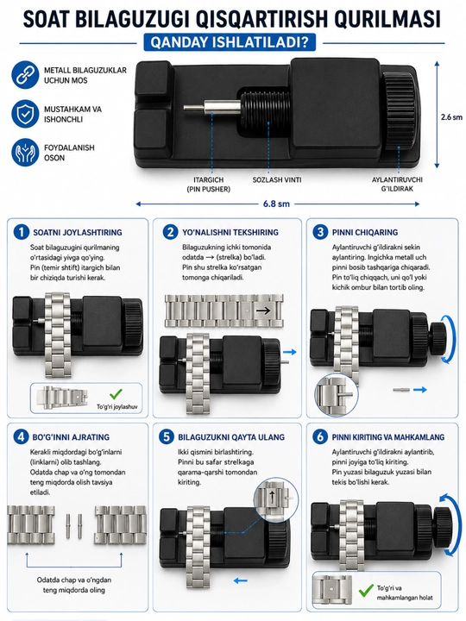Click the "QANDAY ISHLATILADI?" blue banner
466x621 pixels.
[230, 42]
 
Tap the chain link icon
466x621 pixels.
[25, 74]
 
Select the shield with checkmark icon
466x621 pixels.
[25, 114]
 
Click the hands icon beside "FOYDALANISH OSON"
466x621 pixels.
[25, 152]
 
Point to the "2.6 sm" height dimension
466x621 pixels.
[451, 117]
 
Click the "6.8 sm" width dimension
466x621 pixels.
[276, 204]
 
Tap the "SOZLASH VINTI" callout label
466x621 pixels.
[277, 179]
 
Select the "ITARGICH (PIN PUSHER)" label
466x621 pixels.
[209, 185]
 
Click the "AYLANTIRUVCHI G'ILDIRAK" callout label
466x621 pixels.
[397, 185]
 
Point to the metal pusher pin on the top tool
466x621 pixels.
[212, 107]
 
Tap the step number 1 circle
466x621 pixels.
[21, 232]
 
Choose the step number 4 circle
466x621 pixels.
[21, 436]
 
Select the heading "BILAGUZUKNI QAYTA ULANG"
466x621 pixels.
[231, 437]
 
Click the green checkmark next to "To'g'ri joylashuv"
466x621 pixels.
[116, 394]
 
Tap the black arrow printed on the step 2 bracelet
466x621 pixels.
[262, 310]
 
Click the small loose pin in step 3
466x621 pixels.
[400, 390]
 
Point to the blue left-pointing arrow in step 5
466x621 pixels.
[241, 581]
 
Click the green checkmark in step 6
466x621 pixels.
[366, 591]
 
